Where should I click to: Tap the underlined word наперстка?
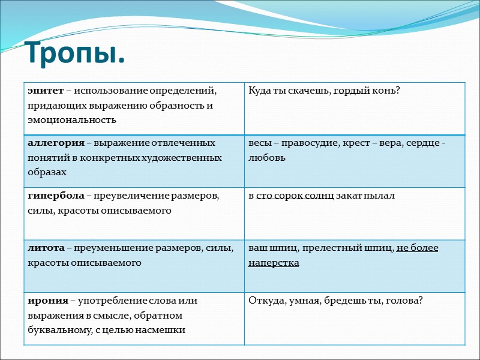(274, 263)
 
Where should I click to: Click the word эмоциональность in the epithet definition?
(71, 119)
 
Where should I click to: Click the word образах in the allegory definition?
(47, 172)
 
